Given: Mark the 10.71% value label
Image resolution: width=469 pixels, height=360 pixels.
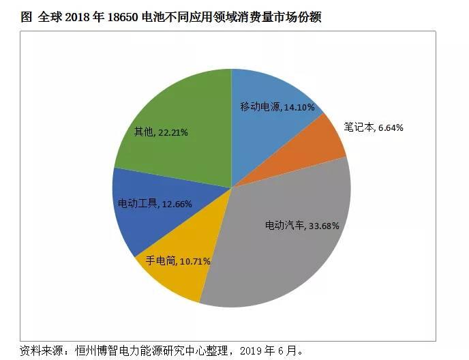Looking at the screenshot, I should [195, 260].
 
